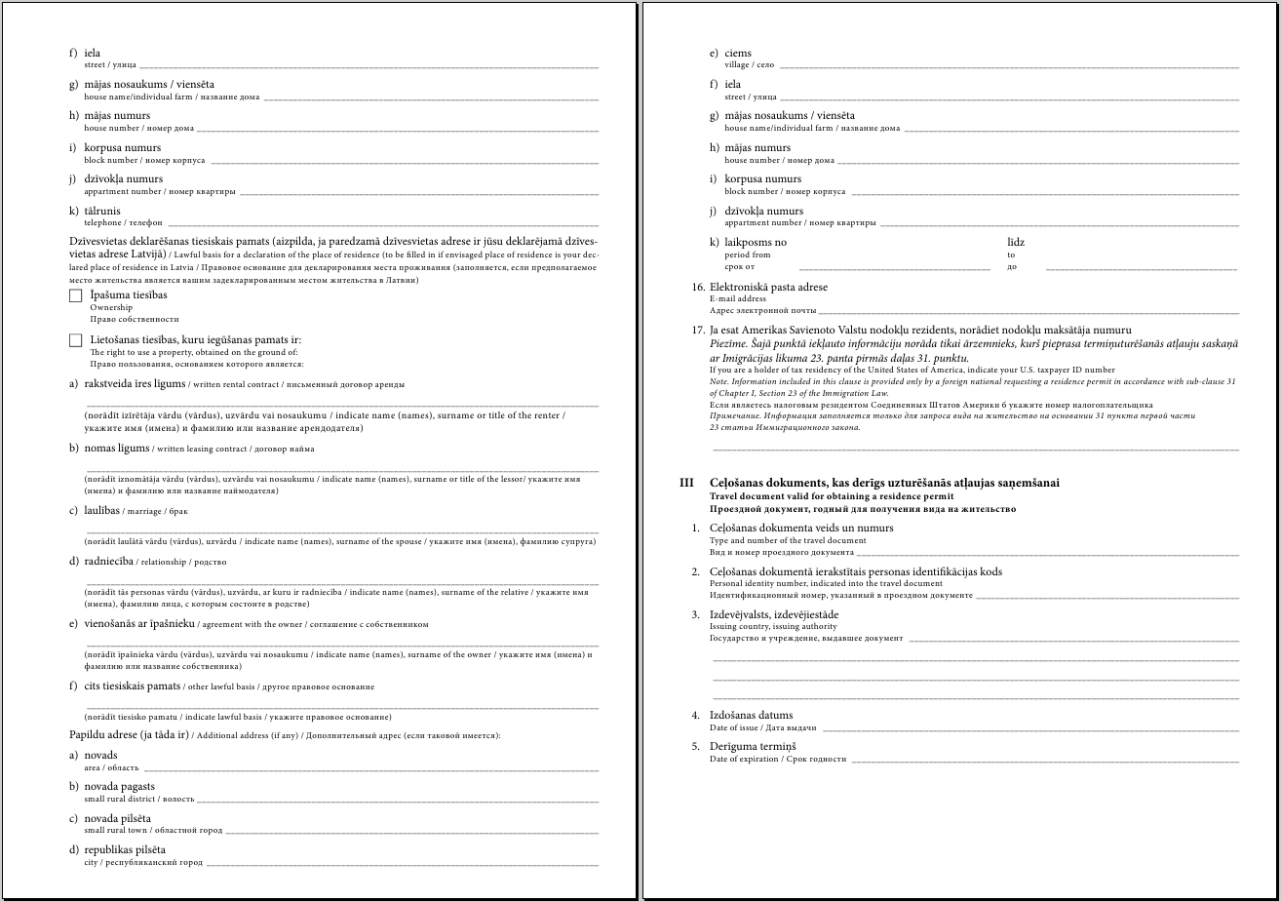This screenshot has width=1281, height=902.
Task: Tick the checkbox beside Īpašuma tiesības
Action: tap(76, 295)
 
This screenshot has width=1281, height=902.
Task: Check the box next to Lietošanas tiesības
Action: tap(76, 340)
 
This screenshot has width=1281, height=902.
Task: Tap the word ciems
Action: tap(738, 53)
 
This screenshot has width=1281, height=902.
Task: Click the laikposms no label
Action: tap(756, 242)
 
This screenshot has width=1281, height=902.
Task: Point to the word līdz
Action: tap(1016, 242)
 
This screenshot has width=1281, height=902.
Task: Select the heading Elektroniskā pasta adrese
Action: tap(768, 287)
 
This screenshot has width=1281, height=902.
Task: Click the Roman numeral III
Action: tap(686, 483)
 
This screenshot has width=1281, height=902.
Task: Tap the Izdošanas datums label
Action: tap(751, 715)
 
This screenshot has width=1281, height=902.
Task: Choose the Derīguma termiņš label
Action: tap(753, 746)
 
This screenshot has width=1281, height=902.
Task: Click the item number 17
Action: tap(697, 331)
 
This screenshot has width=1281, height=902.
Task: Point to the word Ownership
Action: tap(111, 307)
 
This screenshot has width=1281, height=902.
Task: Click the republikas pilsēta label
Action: tap(125, 849)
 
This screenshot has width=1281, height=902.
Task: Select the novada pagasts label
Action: tap(119, 786)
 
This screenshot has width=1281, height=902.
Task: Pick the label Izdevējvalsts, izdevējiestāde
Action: tap(774, 614)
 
